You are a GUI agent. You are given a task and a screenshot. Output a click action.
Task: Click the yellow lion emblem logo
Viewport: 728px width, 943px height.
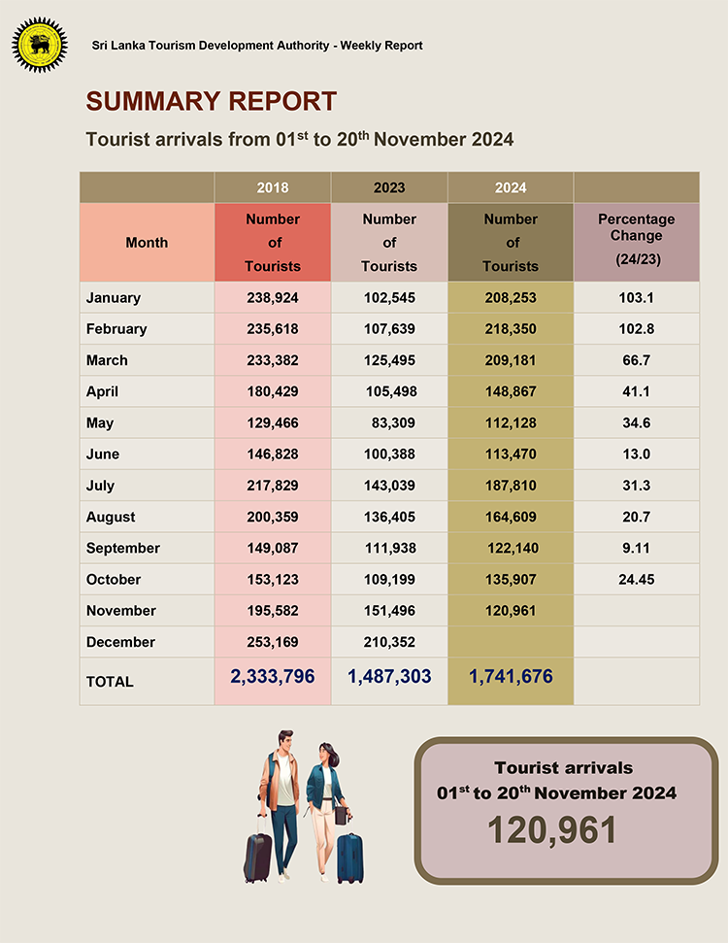pos(40,45)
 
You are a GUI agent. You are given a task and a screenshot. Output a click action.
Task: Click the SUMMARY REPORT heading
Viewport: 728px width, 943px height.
pos(212,101)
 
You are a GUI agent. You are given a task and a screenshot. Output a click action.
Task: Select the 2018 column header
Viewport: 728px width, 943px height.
pos(273,187)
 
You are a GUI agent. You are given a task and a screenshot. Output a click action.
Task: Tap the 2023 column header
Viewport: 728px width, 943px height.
pos(389,187)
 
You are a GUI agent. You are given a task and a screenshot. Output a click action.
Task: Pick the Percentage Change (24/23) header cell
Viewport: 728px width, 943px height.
pos(637,241)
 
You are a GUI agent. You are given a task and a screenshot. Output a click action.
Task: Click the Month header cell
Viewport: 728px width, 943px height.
pos(147,243)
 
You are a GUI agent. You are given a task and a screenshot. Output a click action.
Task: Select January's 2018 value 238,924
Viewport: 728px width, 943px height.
pos(273,298)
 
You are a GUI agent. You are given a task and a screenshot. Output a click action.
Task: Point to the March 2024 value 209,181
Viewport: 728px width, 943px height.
pos(511,360)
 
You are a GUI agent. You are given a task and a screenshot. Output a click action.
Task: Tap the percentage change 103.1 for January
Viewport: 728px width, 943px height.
pos(637,298)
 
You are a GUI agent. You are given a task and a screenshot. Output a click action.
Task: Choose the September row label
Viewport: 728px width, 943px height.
pos(123,548)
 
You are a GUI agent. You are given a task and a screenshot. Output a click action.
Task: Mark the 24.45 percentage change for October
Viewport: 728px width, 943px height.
pos(637,579)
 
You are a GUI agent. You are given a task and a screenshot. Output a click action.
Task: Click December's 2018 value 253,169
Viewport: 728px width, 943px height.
pos(273,642)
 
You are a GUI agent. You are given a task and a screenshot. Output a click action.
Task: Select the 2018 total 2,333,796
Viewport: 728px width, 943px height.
pos(273,676)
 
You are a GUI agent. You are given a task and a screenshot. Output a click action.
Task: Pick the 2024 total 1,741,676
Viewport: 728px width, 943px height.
pos(511,676)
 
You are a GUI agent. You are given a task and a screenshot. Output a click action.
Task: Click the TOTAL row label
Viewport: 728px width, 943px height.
pos(110,682)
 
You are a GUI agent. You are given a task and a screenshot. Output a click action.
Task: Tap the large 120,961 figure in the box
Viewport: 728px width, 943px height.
pos(552,830)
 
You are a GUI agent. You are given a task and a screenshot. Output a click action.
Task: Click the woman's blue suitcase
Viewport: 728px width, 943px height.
pos(349,857)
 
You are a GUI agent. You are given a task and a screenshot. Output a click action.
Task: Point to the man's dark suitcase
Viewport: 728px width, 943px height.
pos(258,853)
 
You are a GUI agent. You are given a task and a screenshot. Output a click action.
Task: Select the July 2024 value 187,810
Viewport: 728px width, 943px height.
pos(511,486)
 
